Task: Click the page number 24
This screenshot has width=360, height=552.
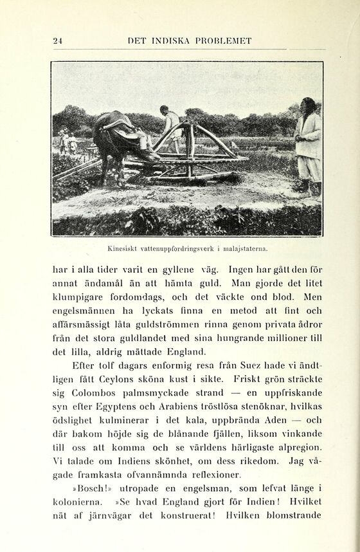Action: point(57,41)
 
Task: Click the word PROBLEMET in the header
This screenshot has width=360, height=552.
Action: point(221,41)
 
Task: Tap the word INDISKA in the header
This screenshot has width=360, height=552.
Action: point(169,41)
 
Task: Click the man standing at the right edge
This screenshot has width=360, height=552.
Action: point(307,145)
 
